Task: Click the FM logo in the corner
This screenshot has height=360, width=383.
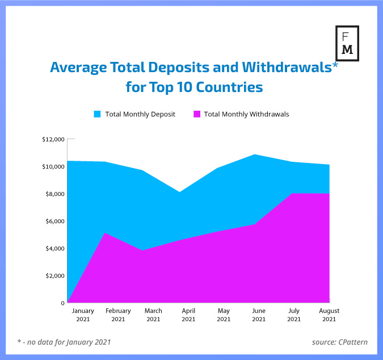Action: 347,43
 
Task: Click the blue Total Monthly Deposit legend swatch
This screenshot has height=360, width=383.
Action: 98,114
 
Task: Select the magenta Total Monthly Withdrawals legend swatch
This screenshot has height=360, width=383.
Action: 197,114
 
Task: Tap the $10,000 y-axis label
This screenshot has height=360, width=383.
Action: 53,167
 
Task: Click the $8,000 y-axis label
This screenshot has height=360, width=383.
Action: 54,194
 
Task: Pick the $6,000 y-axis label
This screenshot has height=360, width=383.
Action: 54,221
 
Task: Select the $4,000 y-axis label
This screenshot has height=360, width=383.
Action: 54,249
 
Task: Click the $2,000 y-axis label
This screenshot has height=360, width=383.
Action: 54,276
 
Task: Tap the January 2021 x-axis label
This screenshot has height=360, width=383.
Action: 83,315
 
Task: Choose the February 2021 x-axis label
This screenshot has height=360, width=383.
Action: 118,315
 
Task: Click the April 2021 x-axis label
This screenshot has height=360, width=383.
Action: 188,315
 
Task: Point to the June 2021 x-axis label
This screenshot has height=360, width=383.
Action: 259,315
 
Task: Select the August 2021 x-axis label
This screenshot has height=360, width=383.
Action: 329,315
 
